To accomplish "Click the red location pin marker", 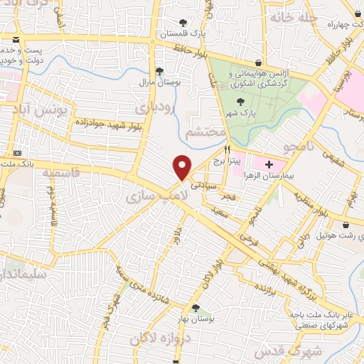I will (183, 168).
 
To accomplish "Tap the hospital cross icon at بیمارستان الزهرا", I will (269, 164).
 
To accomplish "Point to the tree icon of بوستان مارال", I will (159, 70).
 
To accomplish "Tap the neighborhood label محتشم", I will (205, 133).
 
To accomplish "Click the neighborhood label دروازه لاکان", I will (159, 341).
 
